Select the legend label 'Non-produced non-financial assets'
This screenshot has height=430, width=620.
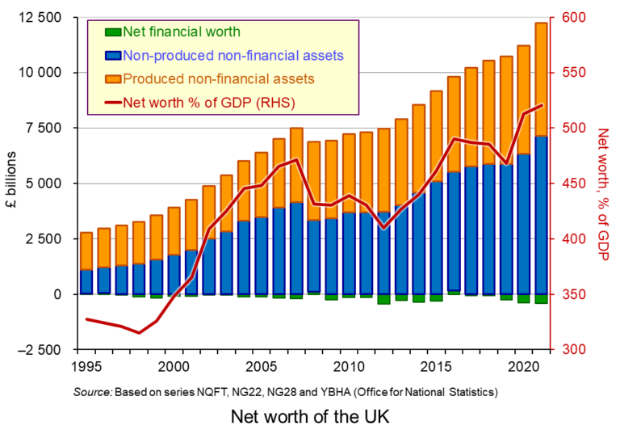[234, 56]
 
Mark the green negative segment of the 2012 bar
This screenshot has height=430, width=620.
[383, 299]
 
